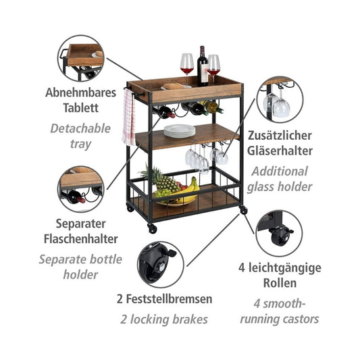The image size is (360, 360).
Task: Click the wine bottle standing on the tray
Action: coord(202,68)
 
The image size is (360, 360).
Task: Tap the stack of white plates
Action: coord(179,130)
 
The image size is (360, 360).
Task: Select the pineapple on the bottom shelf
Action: coord(160,182)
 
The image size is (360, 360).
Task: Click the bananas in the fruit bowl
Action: coord(190,188)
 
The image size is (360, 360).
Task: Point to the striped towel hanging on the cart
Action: coord(129,117)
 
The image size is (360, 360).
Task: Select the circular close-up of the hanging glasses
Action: coord(280,99)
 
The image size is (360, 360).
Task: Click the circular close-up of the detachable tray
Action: coord(81,58)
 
